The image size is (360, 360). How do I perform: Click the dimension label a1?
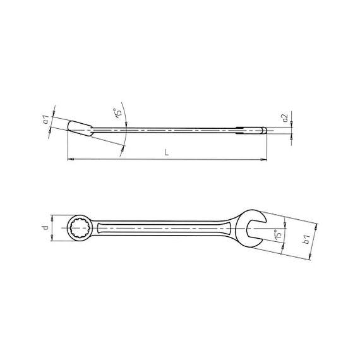tap(46, 120)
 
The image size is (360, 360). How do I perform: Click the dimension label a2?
tap(285, 118)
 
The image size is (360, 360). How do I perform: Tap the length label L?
tap(167, 152)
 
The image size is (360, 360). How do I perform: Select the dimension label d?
tap(46, 228)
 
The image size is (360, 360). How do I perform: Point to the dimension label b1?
tap(307, 239)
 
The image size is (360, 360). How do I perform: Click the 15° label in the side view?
tap(117, 112)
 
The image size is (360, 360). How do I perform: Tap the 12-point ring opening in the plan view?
tap(80, 228)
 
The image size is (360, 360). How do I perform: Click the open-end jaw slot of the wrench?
tap(255, 229)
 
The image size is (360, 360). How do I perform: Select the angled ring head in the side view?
tap(80, 129)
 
